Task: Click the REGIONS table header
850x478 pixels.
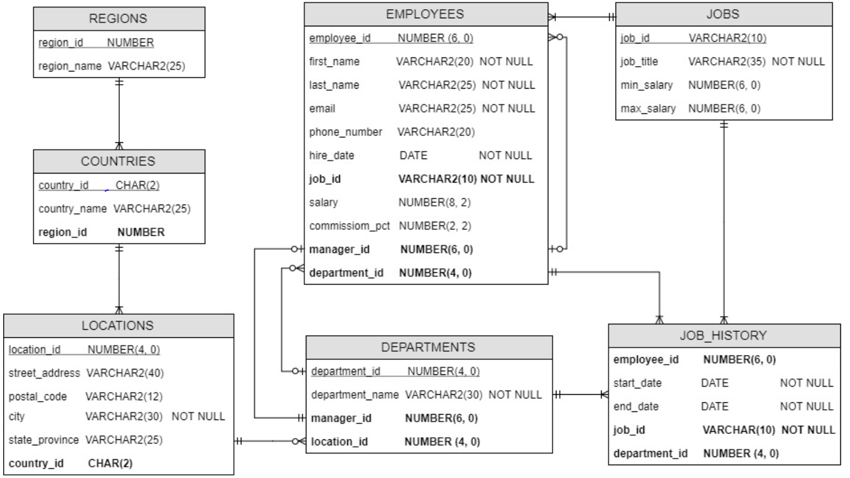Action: tap(118, 19)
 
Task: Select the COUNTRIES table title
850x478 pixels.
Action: tap(118, 161)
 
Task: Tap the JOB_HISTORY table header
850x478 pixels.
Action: tap(723, 336)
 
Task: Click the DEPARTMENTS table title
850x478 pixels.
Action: tap(428, 347)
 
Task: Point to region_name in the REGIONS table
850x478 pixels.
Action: tap(69, 66)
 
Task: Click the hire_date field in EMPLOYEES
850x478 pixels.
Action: tap(332, 156)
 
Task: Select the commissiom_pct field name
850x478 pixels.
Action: tap(349, 226)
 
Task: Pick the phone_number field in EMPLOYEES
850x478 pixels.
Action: tap(346, 132)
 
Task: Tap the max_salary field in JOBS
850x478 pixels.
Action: tap(648, 109)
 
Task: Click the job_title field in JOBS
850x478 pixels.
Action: tap(639, 62)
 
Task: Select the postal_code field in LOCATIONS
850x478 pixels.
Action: tap(38, 397)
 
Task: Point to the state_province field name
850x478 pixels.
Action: tap(44, 440)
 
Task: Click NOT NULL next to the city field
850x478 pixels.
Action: tap(198, 417)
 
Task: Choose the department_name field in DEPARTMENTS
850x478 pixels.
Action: tap(355, 395)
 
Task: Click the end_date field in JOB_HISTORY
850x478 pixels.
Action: tap(636, 407)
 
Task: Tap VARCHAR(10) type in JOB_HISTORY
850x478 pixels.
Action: tap(738, 430)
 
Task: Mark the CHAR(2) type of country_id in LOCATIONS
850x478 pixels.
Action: tap(110, 463)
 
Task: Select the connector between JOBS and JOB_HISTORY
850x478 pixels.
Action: tap(724, 220)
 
